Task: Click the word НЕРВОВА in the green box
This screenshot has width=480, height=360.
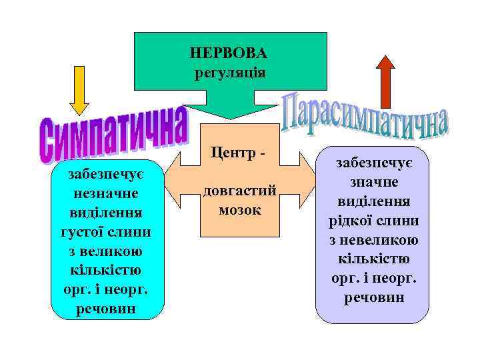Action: tap(229, 52)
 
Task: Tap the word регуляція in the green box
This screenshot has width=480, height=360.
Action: tap(229, 71)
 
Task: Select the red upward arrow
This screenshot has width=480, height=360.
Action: tap(385, 80)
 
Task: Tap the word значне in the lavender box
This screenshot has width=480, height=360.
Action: tap(373, 182)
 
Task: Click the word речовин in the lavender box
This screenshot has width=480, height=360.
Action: tap(373, 297)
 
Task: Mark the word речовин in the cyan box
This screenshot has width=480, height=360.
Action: tap(107, 309)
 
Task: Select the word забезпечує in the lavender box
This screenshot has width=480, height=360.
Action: tap(373, 163)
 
